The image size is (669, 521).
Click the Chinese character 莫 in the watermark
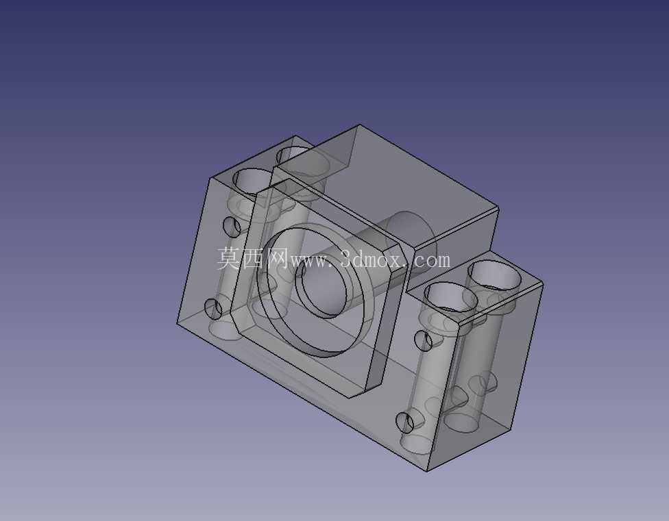[x=230, y=259]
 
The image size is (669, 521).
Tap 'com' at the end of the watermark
[x=431, y=260]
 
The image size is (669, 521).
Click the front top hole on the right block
[x=450, y=296]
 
